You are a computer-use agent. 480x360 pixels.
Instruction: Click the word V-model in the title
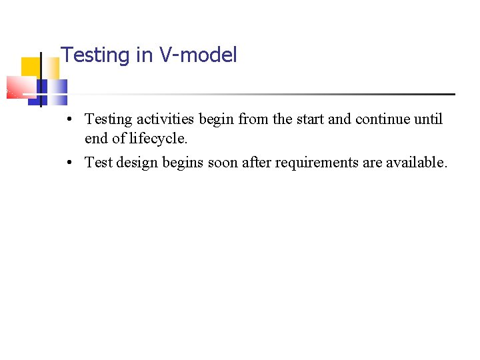198,55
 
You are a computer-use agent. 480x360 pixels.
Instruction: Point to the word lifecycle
159,139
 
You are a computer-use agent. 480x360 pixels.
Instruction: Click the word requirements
316,162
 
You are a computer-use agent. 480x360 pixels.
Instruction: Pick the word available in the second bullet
416,162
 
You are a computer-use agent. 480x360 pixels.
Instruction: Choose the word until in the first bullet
428,119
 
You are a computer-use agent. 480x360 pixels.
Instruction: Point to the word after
260,162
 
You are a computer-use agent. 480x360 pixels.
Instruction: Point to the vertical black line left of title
41,79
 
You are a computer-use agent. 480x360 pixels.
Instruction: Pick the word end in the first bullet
97,139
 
